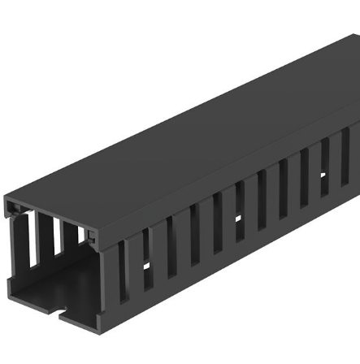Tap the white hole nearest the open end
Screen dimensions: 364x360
pos(147,266)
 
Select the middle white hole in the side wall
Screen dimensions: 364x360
pos(239,219)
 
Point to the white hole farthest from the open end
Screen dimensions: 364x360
pos(323,174)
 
